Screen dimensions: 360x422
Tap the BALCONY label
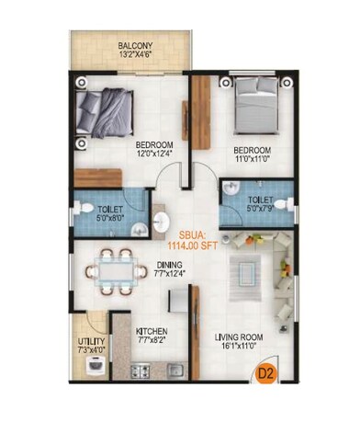click(135, 46)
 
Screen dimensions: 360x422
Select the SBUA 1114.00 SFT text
click(192, 241)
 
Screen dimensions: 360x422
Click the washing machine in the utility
click(97, 365)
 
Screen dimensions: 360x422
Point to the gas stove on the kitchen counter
click(141, 371)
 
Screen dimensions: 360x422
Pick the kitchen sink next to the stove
click(175, 371)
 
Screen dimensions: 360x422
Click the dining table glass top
click(116, 271)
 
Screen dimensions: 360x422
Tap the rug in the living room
click(246, 278)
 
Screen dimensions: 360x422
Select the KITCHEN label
click(152, 331)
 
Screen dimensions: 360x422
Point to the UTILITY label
click(91, 341)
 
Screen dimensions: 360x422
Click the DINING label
click(169, 265)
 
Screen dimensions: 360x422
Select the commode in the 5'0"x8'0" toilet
click(81, 208)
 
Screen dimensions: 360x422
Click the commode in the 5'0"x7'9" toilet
click(284, 205)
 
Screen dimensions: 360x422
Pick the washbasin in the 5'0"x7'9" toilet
click(231, 188)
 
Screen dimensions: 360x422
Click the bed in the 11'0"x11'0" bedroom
click(256, 106)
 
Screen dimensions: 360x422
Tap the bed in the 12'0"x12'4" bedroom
click(105, 113)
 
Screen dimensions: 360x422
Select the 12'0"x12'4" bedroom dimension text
click(154, 153)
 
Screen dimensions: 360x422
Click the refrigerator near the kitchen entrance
click(178, 301)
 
